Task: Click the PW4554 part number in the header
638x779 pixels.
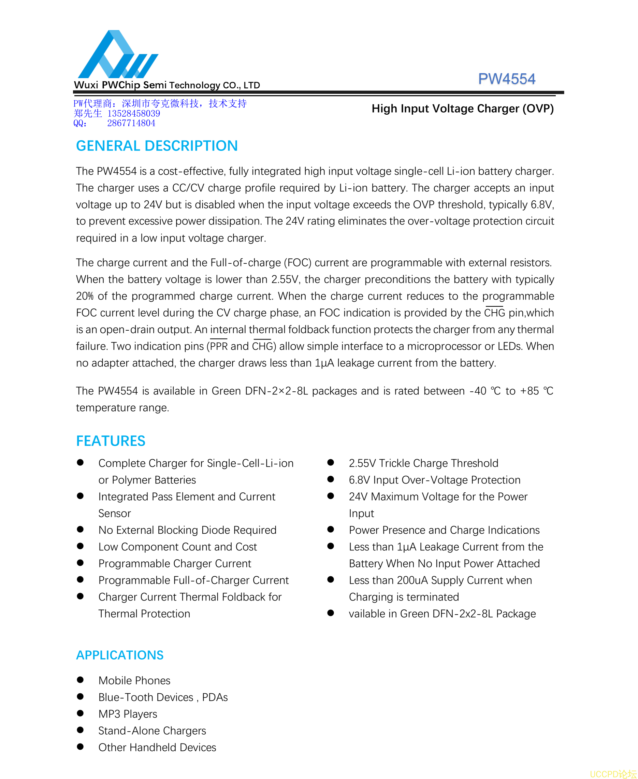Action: pyautogui.click(x=506, y=79)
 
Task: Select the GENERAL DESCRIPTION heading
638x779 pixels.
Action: pyautogui.click(x=157, y=146)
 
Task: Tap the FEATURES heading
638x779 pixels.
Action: pyautogui.click(x=111, y=441)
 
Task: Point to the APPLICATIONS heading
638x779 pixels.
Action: pyautogui.click(x=120, y=655)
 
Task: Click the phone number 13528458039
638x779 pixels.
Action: pyautogui.click(x=134, y=114)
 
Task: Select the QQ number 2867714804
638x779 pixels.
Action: pyautogui.click(x=131, y=123)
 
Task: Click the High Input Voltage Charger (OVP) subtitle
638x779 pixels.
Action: pyautogui.click(x=462, y=109)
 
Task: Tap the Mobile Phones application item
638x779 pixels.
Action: pyautogui.click(x=134, y=680)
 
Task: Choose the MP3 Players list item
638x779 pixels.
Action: pyautogui.click(x=128, y=714)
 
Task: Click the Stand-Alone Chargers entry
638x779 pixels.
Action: pyautogui.click(x=152, y=731)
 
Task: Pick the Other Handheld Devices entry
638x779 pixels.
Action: pyautogui.click(x=157, y=747)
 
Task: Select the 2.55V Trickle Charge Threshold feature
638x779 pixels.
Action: pyautogui.click(x=423, y=463)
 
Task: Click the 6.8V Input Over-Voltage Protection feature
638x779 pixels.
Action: pyautogui.click(x=434, y=480)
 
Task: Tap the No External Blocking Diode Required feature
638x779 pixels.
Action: pyautogui.click(x=187, y=530)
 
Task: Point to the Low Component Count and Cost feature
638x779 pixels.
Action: pyautogui.click(x=177, y=547)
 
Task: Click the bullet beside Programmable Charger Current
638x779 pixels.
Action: pyautogui.click(x=81, y=563)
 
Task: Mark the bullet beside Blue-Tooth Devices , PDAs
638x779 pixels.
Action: pyautogui.click(x=81, y=697)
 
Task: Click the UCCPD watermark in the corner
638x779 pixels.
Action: pyautogui.click(x=613, y=774)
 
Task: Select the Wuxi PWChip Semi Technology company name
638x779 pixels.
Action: pyautogui.click(x=167, y=85)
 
